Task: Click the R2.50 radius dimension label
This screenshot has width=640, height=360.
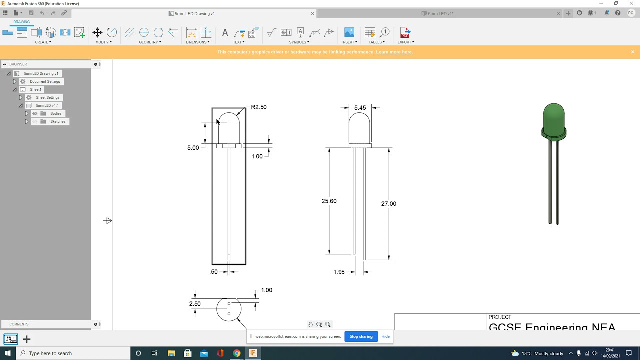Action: point(258,107)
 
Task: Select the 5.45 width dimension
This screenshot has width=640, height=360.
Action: point(360,108)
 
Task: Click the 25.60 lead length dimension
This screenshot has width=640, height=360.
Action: point(329,201)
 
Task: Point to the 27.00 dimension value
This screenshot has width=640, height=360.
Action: point(388,203)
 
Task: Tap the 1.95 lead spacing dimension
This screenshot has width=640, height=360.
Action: point(339,272)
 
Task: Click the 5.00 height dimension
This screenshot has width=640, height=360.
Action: point(193,148)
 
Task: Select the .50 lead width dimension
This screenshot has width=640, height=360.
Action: point(214,272)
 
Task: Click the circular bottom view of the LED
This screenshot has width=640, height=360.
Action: point(229,309)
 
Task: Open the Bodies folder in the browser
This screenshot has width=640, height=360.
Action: point(55,113)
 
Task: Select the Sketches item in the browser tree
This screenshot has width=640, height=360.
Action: point(57,121)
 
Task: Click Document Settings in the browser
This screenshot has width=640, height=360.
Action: point(45,81)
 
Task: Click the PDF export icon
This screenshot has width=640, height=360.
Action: point(405,33)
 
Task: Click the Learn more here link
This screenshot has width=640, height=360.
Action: point(394,52)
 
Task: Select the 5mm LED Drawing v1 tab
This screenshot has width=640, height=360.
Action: point(194,13)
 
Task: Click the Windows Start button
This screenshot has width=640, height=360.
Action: point(8,353)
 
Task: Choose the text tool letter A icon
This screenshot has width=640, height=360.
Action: point(225,33)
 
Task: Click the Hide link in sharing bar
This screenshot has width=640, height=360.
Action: point(385,336)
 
